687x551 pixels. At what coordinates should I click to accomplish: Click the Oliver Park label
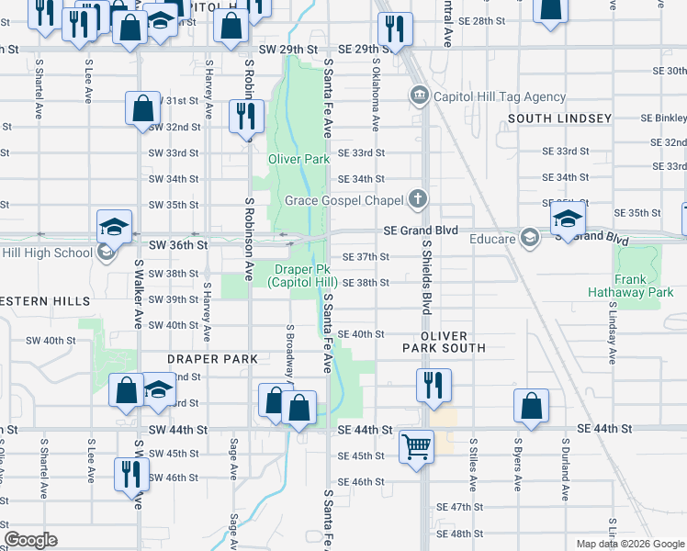298,159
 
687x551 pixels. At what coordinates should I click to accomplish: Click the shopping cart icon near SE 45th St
417,447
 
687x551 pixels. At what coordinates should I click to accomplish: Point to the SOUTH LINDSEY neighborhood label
559,118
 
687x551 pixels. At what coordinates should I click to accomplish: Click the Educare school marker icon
529,238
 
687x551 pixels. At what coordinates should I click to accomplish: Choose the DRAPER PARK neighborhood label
206,359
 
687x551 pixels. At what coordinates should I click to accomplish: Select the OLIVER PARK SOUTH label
445,342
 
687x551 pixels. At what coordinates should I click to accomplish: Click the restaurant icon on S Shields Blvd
434,384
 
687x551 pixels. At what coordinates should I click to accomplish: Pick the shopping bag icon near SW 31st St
143,108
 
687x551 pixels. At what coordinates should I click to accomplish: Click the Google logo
30,540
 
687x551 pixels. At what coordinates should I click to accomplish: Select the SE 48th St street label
460,534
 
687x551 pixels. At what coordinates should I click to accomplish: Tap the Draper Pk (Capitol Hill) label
303,275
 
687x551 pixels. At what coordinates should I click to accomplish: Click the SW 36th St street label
174,245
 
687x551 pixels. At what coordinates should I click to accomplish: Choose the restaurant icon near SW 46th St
131,473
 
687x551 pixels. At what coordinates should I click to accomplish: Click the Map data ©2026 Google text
629,544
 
